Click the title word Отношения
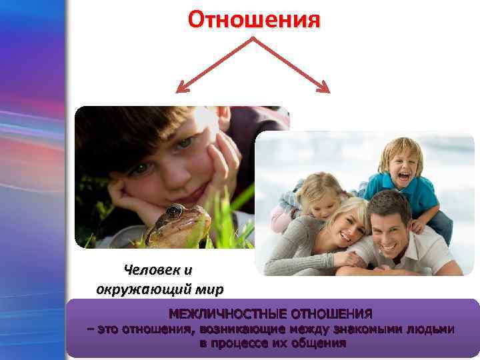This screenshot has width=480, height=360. (253, 19)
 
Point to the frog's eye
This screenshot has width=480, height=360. (175, 211)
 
